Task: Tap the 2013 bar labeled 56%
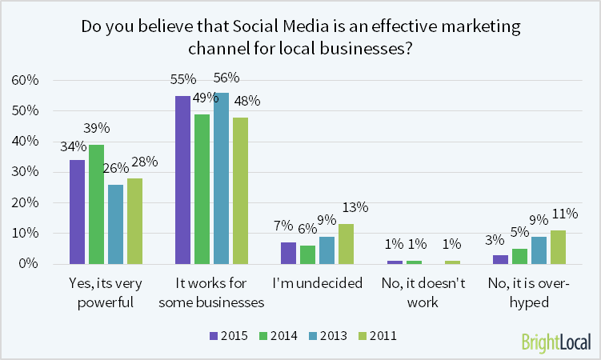[x=222, y=178]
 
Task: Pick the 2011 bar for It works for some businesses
[x=241, y=190]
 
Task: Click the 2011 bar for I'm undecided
[x=347, y=244]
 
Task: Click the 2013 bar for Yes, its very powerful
[x=116, y=224]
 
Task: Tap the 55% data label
[x=183, y=81]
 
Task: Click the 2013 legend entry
[x=328, y=336]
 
